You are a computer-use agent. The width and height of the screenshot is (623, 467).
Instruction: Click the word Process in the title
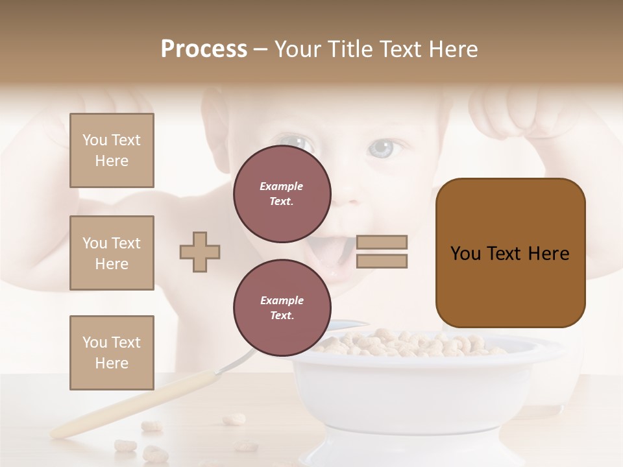coord(204,49)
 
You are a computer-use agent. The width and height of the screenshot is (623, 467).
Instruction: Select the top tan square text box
coord(112,150)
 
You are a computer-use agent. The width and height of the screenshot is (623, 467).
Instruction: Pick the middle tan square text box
coord(112,253)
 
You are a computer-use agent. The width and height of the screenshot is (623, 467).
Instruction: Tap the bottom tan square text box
coord(112,352)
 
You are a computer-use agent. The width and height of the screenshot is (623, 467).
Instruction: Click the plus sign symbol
coord(200,252)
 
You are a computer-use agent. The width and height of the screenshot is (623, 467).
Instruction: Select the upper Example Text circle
coord(282,194)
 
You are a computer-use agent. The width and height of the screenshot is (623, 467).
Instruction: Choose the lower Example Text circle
coord(282,308)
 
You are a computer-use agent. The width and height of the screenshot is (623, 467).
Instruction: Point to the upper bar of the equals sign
coord(382,242)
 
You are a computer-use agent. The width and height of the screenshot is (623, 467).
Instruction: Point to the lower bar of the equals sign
coord(382,261)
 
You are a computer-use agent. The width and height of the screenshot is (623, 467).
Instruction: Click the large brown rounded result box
coord(510,253)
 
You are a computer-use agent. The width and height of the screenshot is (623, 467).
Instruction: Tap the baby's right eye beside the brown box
coord(383,148)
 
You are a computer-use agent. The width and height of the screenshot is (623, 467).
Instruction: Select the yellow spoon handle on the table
coord(130,405)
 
